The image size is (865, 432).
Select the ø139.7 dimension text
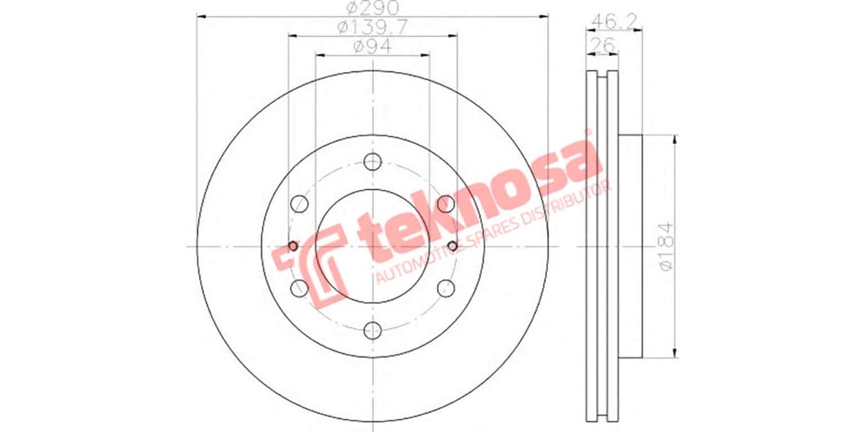[373, 27]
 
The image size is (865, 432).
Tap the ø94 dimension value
[373, 47]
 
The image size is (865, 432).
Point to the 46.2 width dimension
[605, 20]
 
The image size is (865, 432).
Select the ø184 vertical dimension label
[666, 246]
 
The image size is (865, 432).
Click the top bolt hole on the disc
[372, 162]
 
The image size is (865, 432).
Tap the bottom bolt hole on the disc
[372, 330]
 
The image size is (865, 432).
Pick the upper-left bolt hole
[298, 204]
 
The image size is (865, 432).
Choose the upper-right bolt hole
[445, 204]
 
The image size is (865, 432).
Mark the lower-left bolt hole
[298, 289]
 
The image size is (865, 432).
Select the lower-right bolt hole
[445, 289]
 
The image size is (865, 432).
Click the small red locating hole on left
[293, 246]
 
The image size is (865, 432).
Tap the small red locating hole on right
[452, 246]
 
